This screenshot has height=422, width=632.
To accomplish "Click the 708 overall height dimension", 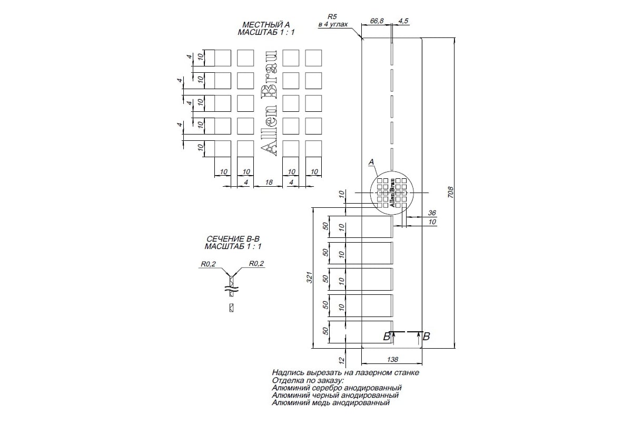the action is click(x=451, y=192).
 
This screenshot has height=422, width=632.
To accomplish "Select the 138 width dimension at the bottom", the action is click(x=392, y=359).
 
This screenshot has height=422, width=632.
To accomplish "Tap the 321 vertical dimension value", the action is click(x=310, y=277).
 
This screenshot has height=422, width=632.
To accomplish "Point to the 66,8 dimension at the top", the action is click(x=377, y=21).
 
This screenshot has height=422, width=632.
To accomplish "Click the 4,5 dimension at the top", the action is click(x=403, y=21).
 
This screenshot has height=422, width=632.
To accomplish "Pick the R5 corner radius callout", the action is click(x=332, y=17).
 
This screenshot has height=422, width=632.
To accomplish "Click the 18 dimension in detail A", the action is click(x=269, y=183).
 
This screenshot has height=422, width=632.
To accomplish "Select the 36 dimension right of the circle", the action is click(x=432, y=213).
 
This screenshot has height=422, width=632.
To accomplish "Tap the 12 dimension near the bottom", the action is click(x=342, y=360).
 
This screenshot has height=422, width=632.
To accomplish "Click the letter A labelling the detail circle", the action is click(x=371, y=162).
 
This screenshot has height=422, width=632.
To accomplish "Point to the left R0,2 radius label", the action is click(x=208, y=264).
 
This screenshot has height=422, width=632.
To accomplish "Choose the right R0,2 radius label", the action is click(x=256, y=263).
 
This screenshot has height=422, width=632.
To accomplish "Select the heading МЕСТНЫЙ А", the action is click(x=266, y=25).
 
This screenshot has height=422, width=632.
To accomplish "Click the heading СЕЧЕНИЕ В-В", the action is click(x=233, y=239).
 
